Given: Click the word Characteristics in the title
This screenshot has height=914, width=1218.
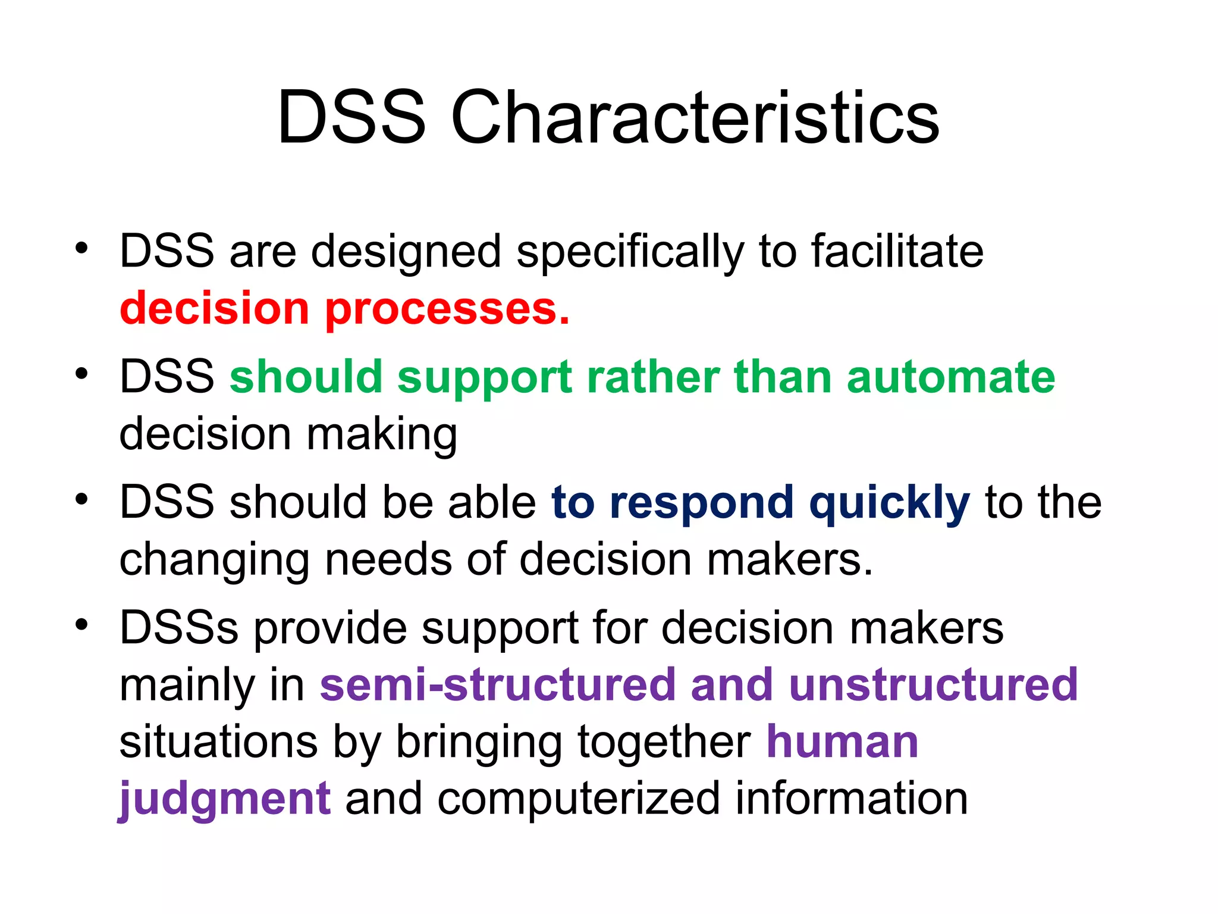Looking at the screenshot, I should pos(695,118).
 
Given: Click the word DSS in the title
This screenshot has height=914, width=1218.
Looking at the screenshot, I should pos(351,118).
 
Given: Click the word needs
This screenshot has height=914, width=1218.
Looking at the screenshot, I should pos(388,560).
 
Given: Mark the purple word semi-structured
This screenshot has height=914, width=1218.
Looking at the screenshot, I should pos(497,685).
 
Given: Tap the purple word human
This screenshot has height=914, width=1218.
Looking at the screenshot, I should pos(842,742).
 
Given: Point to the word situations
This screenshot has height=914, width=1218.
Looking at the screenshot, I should pos(218,742).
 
